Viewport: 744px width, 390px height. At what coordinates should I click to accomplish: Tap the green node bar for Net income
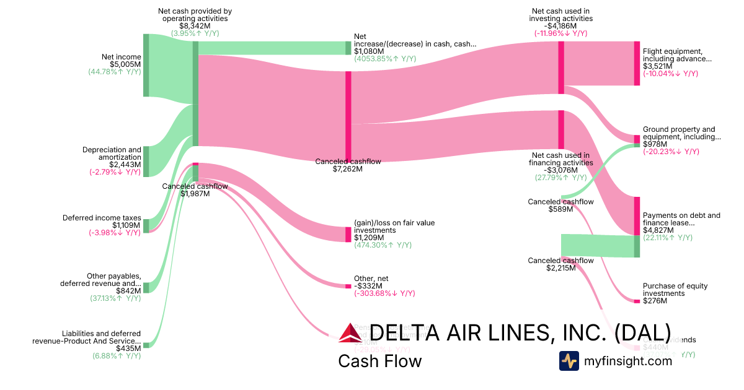tap(146, 65)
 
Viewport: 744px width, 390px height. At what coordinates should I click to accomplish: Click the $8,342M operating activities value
tap(195, 26)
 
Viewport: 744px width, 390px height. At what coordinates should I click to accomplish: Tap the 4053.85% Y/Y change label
tap(385, 59)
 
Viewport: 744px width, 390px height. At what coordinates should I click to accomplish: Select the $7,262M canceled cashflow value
tap(348, 168)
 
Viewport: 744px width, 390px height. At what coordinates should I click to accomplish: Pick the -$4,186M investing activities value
tap(560, 26)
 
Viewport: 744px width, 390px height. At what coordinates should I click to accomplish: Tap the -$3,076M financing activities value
tap(560, 170)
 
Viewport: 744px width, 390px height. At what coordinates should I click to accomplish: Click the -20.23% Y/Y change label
tap(671, 152)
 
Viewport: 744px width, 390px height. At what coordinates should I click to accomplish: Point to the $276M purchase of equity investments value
tap(655, 301)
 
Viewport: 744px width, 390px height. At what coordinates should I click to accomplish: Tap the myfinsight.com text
tap(628, 361)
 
